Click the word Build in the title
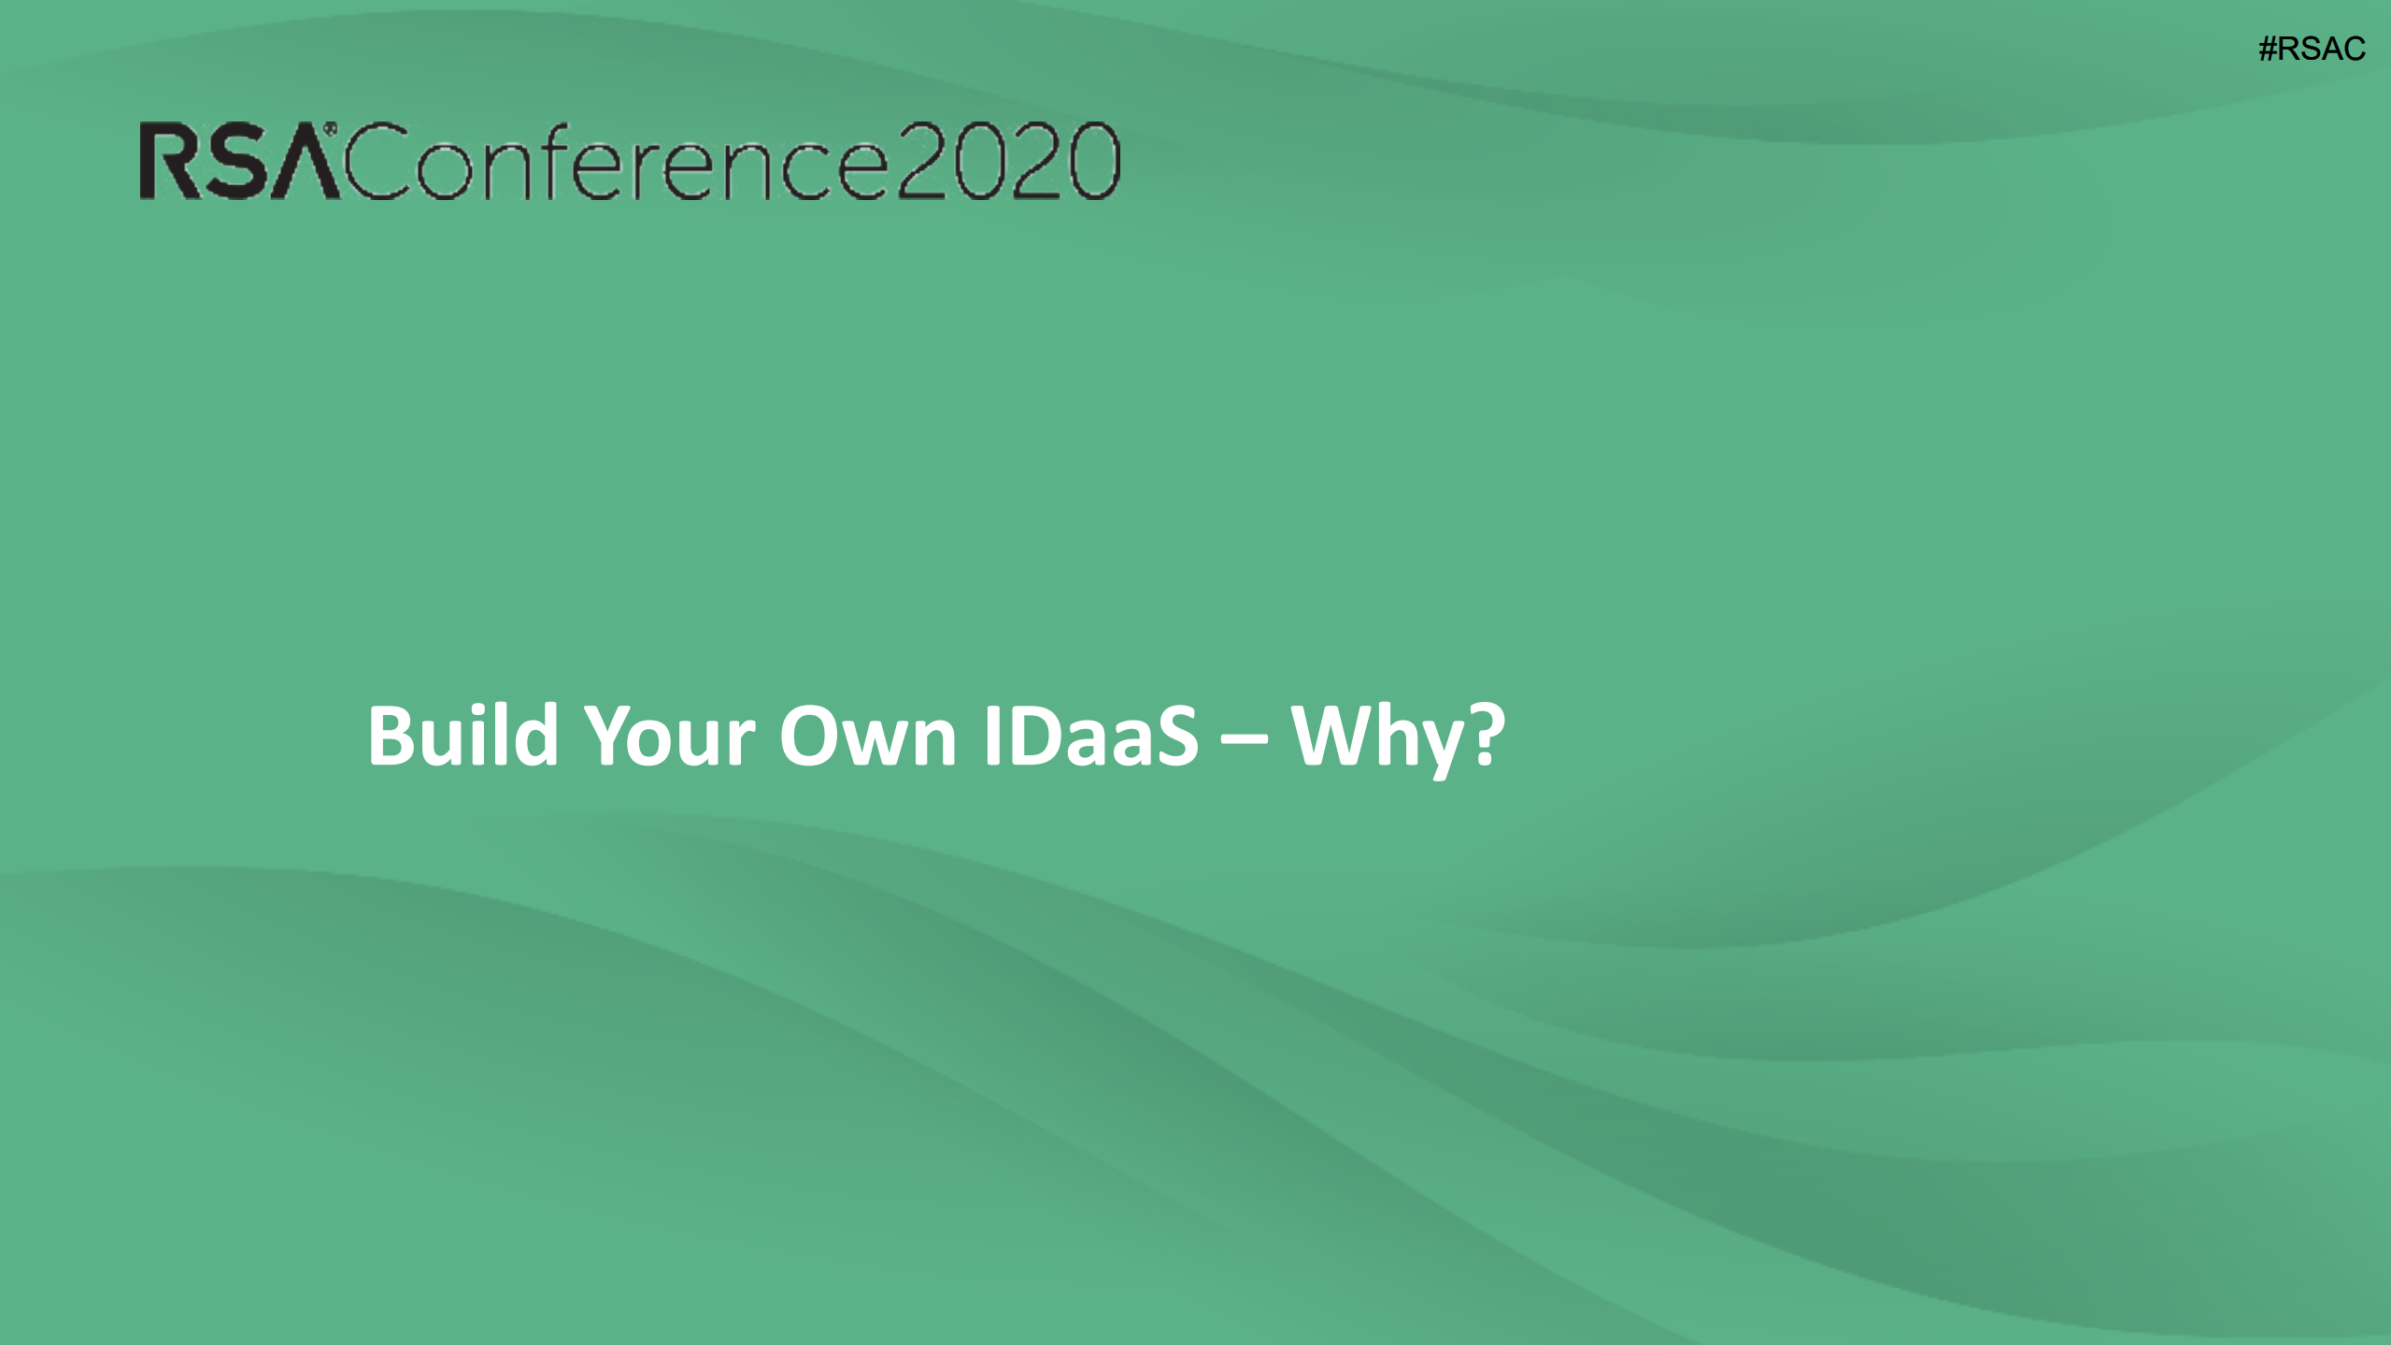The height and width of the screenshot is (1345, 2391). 463,737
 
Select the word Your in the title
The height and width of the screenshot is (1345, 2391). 669,737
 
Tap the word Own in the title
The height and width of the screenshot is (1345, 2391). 868,737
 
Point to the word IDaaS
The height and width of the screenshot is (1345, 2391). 1090,737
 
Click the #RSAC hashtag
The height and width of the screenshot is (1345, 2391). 2312,49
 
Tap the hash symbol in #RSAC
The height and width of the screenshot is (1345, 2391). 2268,49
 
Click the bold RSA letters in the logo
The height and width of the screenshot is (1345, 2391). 238,162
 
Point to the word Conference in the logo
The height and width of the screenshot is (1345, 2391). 617,162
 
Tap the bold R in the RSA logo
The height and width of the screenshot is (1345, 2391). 167,162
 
